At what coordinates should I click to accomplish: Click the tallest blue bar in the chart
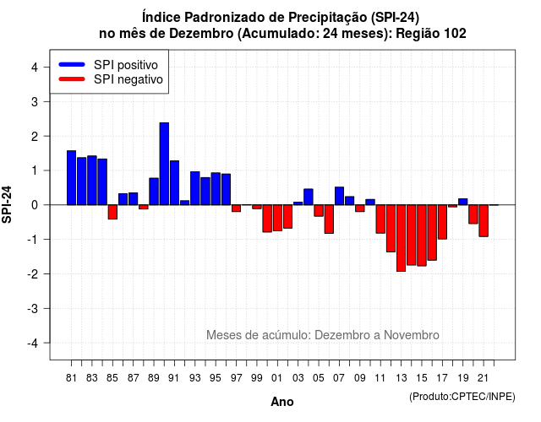pyautogui.click(x=164, y=164)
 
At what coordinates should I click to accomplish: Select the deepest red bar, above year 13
pyautogui.click(x=401, y=238)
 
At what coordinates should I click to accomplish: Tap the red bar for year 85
pyautogui.click(x=112, y=212)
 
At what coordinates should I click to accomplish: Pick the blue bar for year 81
pyautogui.click(x=71, y=178)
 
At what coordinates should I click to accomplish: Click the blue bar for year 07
pyautogui.click(x=339, y=196)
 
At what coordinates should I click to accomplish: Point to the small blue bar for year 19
pyautogui.click(x=462, y=202)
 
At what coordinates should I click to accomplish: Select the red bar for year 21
pyautogui.click(x=484, y=221)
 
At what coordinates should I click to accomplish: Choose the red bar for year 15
pyautogui.click(x=422, y=235)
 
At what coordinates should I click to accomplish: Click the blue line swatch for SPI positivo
pyautogui.click(x=72, y=64)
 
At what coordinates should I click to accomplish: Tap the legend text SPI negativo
pyautogui.click(x=128, y=79)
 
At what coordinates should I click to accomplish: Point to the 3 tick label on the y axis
pyautogui.click(x=35, y=101)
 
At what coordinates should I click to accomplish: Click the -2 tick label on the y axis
pyautogui.click(x=33, y=273)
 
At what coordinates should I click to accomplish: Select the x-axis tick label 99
pyautogui.click(x=257, y=378)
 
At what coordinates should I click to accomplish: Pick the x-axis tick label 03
pyautogui.click(x=298, y=378)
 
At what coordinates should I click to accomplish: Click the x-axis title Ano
pyautogui.click(x=282, y=402)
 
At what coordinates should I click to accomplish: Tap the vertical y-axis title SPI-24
pyautogui.click(x=7, y=204)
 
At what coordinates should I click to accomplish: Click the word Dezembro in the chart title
pyautogui.click(x=201, y=34)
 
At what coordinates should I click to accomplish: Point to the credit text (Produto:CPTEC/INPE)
pyautogui.click(x=462, y=397)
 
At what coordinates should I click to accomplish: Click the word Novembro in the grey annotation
pyautogui.click(x=412, y=335)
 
